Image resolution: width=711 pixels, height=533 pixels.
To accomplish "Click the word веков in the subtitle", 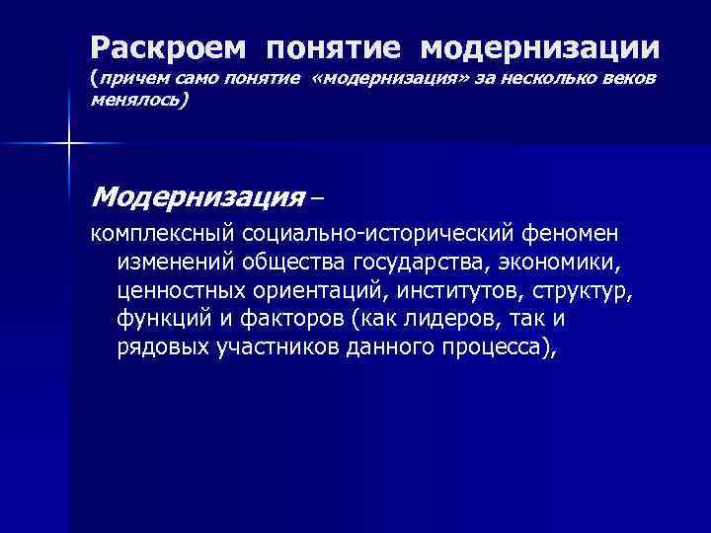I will tap(633, 77).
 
